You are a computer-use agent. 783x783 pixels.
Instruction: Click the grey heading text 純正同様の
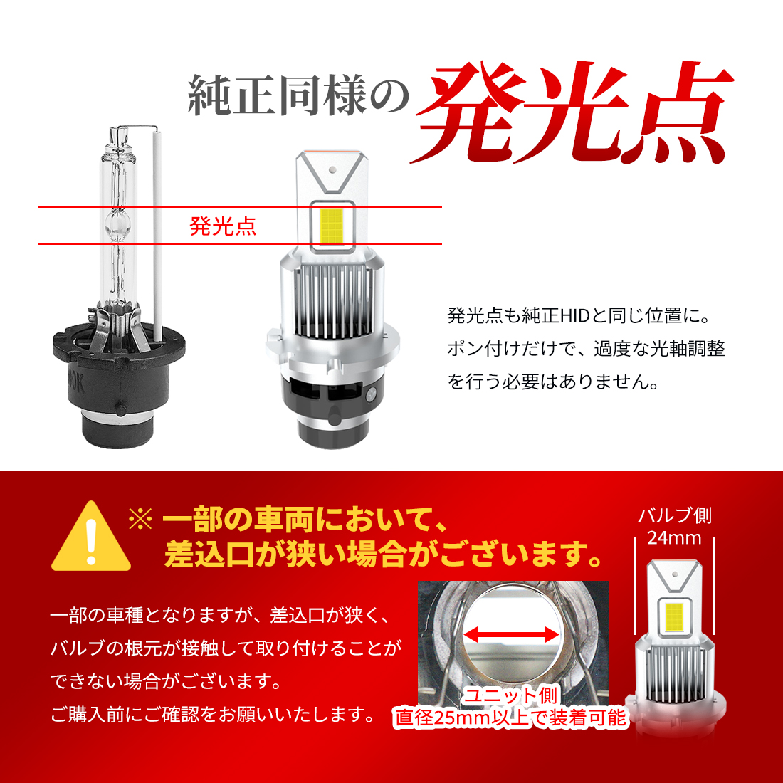pos(298,96)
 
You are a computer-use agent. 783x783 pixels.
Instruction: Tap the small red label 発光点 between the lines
pos(223,226)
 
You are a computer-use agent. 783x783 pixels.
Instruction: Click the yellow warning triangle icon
pos(90,538)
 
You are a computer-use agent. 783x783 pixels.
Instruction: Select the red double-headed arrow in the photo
pos(510,633)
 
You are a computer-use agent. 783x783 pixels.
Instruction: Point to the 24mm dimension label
pos(673,538)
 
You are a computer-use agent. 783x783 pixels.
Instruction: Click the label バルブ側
pos(673,516)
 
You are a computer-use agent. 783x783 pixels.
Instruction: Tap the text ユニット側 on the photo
pos(510,695)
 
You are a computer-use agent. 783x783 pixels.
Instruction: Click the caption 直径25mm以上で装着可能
pos(510,718)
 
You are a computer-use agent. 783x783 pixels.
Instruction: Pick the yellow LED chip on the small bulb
pos(673,614)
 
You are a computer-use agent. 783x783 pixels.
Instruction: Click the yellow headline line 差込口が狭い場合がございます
pos(383,554)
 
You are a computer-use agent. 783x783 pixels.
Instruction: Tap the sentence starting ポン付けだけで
pos(586,349)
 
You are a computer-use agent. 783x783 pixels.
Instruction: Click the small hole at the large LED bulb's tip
pos(332,170)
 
